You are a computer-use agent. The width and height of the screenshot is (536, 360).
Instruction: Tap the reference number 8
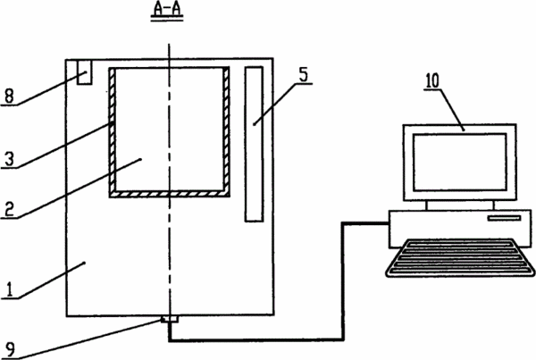[x=9, y=96]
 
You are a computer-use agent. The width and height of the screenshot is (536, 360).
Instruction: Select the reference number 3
[x=9, y=159]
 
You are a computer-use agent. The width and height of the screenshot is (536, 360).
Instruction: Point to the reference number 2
[x=9, y=209]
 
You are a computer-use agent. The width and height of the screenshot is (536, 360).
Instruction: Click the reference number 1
[x=10, y=290]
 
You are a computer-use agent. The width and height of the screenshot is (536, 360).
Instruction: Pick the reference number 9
[x=10, y=350]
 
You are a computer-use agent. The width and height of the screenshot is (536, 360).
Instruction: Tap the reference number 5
[x=303, y=75]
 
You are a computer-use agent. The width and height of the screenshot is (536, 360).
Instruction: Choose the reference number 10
[x=432, y=81]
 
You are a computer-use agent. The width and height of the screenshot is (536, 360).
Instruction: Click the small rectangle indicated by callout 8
[x=85, y=72]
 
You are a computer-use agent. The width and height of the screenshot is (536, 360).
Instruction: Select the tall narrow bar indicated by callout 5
[x=254, y=144]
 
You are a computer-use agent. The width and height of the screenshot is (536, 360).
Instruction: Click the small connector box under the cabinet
[x=169, y=319]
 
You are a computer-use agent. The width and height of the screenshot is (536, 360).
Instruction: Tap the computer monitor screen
[x=460, y=162]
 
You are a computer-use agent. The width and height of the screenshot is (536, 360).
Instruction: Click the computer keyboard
[x=460, y=258]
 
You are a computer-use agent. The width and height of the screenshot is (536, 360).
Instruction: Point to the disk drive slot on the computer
[x=504, y=218]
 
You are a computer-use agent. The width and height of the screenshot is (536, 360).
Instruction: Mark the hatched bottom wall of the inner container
[x=169, y=194]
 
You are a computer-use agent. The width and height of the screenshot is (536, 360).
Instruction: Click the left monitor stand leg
[x=427, y=205]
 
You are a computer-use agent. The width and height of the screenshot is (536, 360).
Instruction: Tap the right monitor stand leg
[x=493, y=205]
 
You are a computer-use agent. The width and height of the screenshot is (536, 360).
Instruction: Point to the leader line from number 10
[x=451, y=109]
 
